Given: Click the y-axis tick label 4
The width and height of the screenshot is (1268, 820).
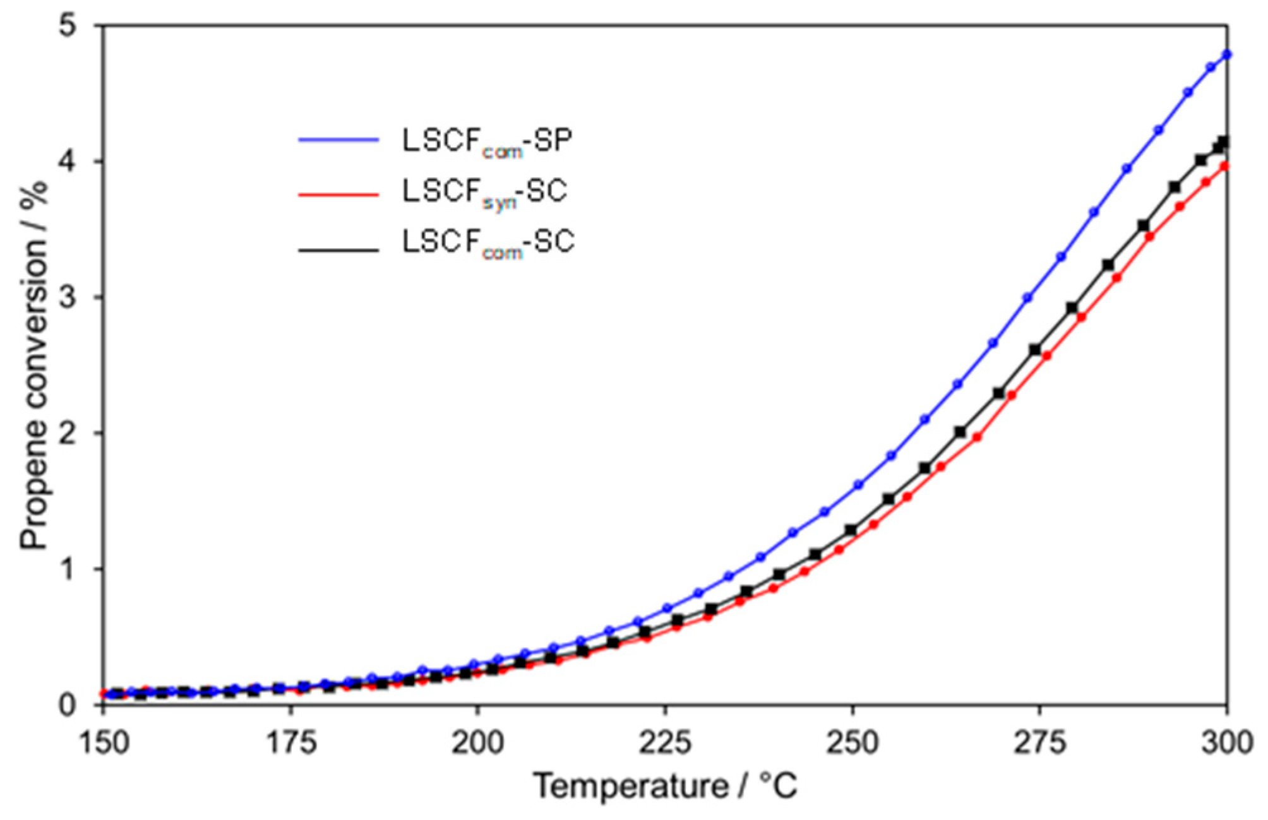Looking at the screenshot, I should click(x=81, y=162).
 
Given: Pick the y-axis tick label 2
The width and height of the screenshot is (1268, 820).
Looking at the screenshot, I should click(x=81, y=433).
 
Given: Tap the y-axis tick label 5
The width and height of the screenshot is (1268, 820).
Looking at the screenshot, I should click(x=81, y=26).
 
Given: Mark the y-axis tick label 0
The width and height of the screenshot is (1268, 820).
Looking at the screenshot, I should click(x=81, y=704).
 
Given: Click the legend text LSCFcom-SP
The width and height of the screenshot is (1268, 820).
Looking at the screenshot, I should click(x=487, y=141).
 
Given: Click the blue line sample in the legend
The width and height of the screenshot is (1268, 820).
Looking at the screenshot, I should click(x=338, y=140).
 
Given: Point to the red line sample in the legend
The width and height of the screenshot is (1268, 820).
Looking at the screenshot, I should click(x=338, y=194).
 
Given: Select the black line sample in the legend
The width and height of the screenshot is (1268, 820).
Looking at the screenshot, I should click(x=338, y=251).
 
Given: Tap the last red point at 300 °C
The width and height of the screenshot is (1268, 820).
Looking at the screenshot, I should click(x=1224, y=167).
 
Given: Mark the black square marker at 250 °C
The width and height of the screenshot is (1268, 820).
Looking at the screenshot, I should click(x=851, y=530).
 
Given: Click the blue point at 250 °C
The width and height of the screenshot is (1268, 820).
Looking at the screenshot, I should click(x=858, y=485).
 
